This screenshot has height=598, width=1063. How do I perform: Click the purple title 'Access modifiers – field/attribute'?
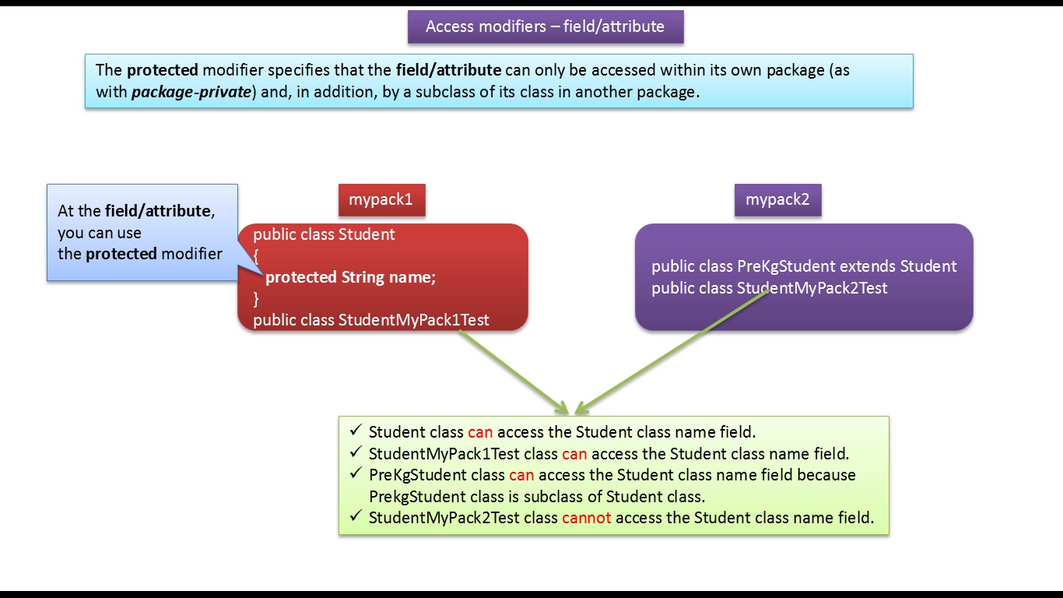[x=545, y=26]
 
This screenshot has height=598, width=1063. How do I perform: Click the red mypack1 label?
[x=381, y=200]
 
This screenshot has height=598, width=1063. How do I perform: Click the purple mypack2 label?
[x=777, y=200]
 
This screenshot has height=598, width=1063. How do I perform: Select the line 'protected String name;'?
[x=350, y=277]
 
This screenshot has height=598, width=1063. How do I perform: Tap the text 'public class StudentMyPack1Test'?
[x=371, y=320]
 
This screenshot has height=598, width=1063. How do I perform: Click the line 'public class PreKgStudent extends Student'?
[x=804, y=266]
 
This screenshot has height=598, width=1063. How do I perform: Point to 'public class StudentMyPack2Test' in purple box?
[x=770, y=288]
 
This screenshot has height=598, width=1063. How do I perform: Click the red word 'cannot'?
[x=586, y=518]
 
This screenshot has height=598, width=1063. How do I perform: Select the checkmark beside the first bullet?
[x=356, y=431]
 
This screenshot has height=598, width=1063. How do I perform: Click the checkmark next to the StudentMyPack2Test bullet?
[x=356, y=516]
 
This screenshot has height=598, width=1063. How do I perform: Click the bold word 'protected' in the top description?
[x=163, y=70]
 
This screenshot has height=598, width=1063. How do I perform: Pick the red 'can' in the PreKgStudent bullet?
[x=521, y=475]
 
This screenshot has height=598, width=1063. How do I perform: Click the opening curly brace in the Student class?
[x=256, y=255]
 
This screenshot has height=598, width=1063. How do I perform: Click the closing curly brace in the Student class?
[x=256, y=299]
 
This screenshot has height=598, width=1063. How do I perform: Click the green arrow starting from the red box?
[x=514, y=371]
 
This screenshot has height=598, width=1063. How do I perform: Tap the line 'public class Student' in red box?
[x=324, y=234]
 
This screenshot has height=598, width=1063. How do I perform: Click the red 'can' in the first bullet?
[x=480, y=432]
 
